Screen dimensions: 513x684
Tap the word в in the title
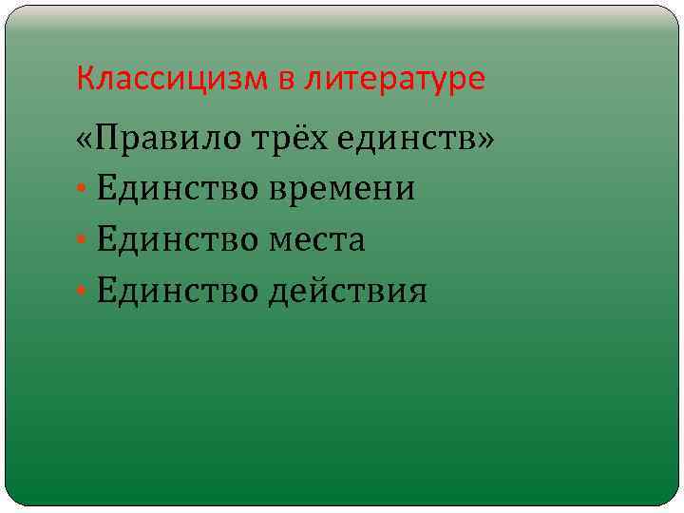click(x=287, y=79)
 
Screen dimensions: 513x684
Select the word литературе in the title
click(x=396, y=80)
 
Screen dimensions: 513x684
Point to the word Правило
click(x=165, y=140)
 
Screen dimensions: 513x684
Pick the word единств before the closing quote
click(x=408, y=140)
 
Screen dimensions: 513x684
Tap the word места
click(x=318, y=240)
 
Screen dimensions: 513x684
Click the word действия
click(x=347, y=291)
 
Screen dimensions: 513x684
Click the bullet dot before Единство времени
click(x=83, y=190)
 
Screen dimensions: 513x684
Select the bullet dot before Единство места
click(x=83, y=241)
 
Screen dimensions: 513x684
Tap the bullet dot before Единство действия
click(x=83, y=292)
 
